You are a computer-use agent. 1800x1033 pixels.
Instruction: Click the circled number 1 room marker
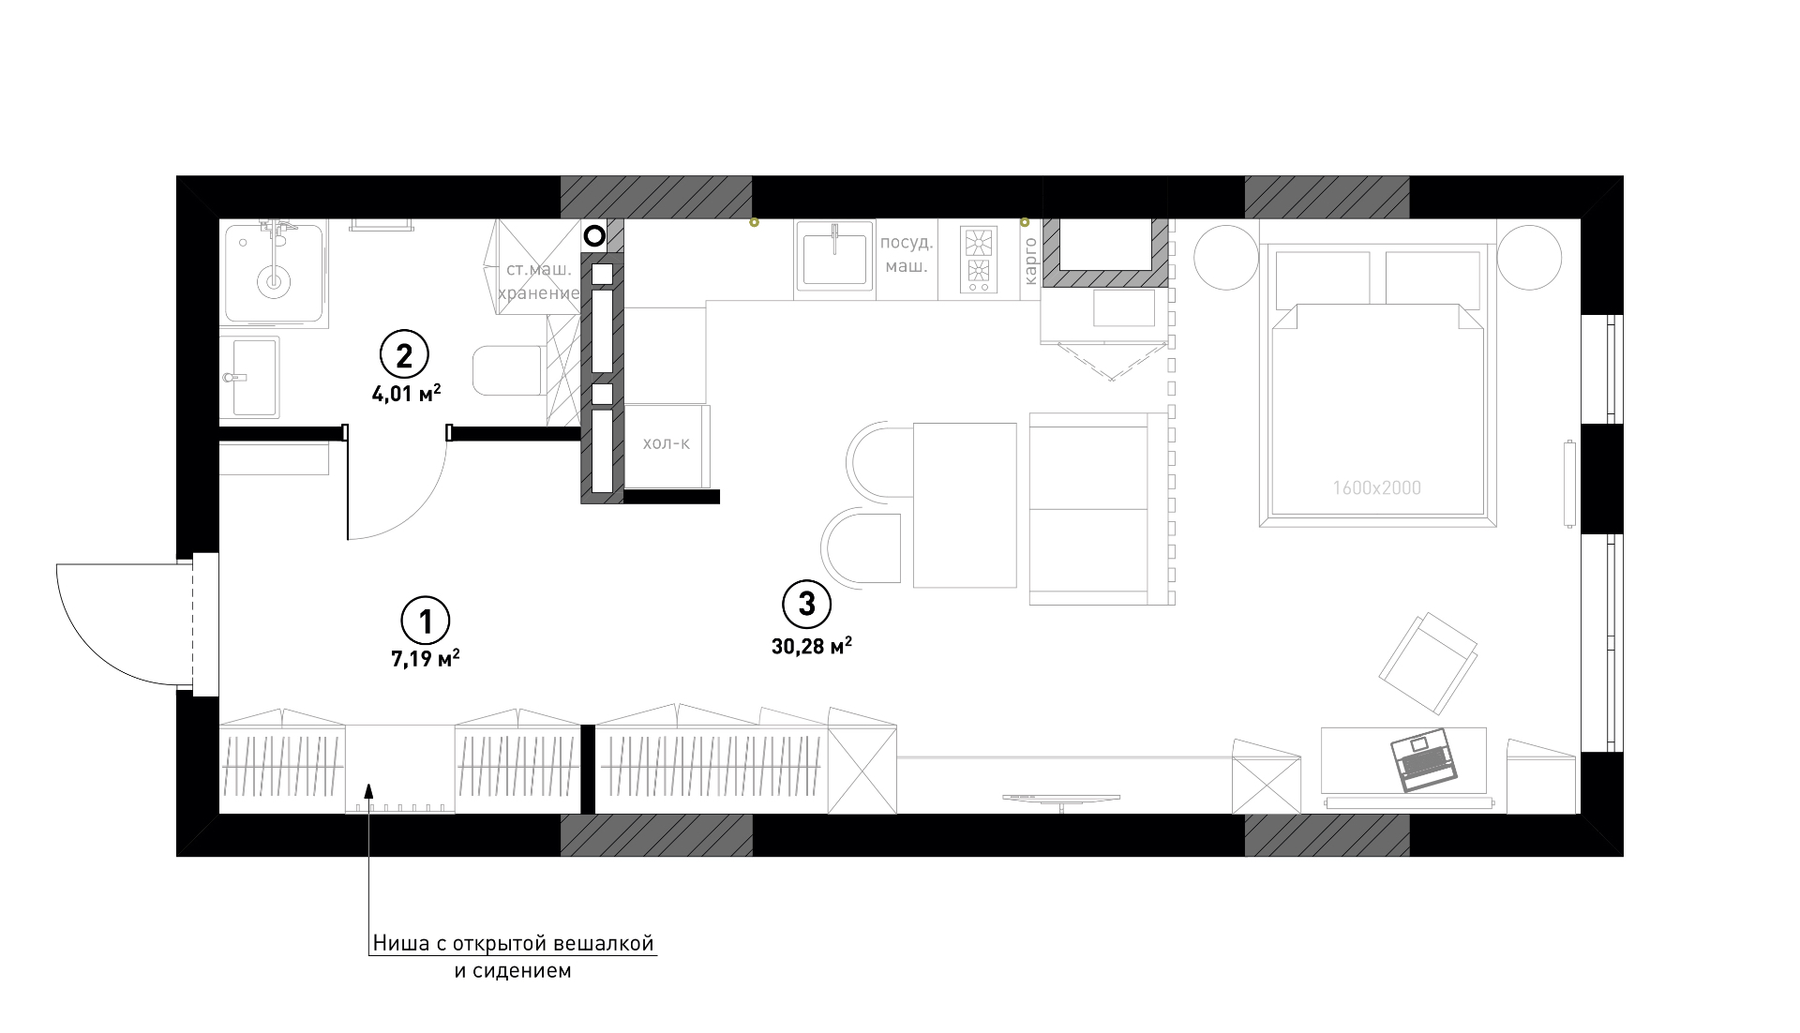click(x=426, y=620)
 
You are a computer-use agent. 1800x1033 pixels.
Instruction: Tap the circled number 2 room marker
click(x=404, y=355)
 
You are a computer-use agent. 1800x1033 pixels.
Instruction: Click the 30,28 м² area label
click(x=812, y=646)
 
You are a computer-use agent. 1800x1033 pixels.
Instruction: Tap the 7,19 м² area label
click(x=426, y=659)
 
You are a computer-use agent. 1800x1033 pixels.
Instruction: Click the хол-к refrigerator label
click(x=666, y=443)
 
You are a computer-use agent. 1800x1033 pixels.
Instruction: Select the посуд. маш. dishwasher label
click(x=907, y=254)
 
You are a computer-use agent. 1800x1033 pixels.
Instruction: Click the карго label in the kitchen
click(x=1030, y=262)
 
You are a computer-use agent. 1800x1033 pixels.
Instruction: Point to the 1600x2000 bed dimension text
click(x=1376, y=488)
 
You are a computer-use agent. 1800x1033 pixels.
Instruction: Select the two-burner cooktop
click(x=979, y=259)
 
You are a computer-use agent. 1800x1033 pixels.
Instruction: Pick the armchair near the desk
click(x=1428, y=663)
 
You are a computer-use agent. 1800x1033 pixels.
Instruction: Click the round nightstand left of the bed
click(x=1226, y=257)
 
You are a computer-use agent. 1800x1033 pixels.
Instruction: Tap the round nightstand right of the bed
click(x=1529, y=257)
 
